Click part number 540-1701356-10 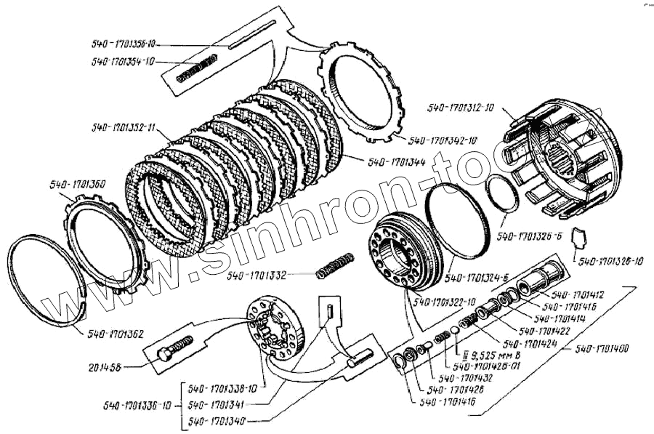pos(129,44)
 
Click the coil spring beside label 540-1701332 pos(336,265)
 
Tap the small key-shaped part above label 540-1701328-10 pos(580,235)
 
